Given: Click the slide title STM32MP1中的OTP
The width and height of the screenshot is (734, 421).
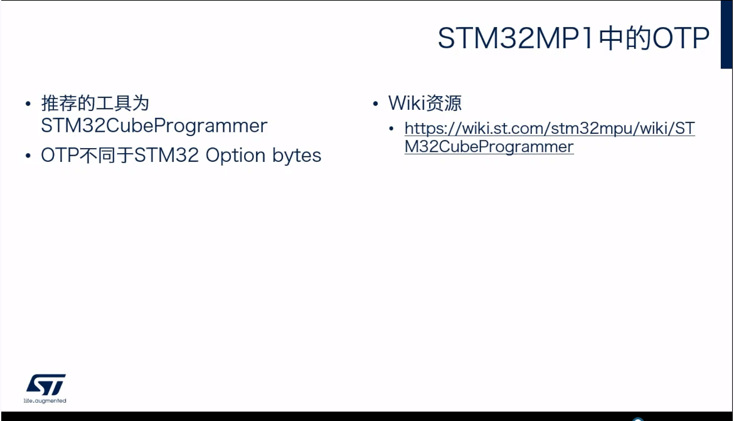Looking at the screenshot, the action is coord(573,38).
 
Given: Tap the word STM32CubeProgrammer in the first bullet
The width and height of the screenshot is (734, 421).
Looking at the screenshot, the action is coord(154,126).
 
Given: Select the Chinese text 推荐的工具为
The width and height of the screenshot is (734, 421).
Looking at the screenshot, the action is coord(95,103).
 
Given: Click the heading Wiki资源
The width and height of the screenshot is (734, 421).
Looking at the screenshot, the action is coord(425,103).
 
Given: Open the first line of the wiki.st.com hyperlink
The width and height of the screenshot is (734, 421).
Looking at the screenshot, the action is coord(550,129).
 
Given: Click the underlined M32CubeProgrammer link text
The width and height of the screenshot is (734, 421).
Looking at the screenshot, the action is coord(489,147).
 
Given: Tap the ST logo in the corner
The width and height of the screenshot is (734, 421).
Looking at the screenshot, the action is coord(45,385).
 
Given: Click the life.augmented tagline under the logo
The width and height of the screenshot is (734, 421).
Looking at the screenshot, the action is coord(45,401).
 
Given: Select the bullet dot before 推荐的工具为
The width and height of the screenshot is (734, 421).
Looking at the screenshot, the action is coord(28,104).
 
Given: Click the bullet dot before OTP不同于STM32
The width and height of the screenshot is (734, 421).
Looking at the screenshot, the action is coord(28,156).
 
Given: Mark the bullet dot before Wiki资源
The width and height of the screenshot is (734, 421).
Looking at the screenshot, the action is coord(375,104).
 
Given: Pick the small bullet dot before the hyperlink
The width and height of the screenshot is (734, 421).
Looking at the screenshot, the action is coord(392,128).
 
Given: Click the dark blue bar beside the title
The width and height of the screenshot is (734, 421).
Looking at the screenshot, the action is coord(726,35).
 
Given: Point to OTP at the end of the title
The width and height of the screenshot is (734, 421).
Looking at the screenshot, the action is coord(681,38).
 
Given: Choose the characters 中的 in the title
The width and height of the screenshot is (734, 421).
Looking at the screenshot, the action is coord(625,38).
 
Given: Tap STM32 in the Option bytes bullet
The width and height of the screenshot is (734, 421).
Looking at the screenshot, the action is coord(166,156).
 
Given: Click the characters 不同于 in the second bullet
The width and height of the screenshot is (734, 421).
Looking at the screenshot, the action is coord(106,156).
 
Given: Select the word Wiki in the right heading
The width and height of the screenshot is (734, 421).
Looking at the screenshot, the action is coord(406,103).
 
